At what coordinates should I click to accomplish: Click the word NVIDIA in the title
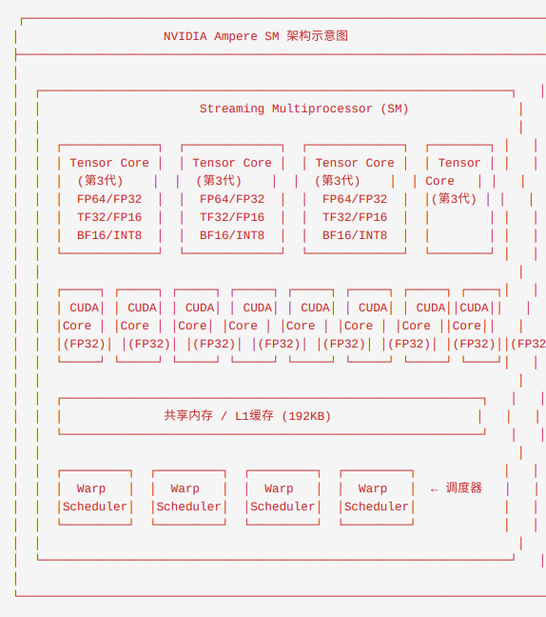(185, 36)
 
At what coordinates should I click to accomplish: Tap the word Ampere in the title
(236, 36)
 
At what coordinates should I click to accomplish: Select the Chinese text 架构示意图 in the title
(317, 36)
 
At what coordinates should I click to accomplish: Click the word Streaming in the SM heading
(232, 109)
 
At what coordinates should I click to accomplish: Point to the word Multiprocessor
(322, 109)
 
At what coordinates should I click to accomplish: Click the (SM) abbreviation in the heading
(394, 109)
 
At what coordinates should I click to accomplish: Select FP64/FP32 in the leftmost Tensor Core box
(109, 199)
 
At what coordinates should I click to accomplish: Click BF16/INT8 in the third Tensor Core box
(355, 235)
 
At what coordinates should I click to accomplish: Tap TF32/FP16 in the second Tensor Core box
(232, 217)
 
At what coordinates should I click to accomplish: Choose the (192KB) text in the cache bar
(306, 416)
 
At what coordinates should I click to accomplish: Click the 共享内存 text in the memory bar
(188, 415)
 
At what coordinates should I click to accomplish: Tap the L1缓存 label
(254, 416)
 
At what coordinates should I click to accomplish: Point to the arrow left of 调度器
(434, 490)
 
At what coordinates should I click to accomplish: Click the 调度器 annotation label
(464, 488)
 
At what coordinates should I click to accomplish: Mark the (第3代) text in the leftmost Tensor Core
(100, 181)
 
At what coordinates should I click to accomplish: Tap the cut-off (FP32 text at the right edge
(528, 344)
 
